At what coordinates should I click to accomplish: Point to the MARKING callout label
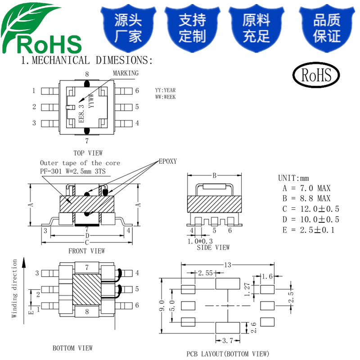tap(126, 73)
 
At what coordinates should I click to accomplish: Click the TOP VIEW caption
tap(88, 153)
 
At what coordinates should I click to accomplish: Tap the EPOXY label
tap(167, 162)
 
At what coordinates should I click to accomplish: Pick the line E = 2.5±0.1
tap(308, 230)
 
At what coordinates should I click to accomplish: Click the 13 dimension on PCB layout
tap(228, 265)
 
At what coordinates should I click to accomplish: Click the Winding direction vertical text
tap(14, 288)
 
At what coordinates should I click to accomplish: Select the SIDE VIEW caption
tap(213, 247)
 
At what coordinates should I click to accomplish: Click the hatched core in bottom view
tap(87, 290)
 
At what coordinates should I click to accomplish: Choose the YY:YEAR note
tap(165, 90)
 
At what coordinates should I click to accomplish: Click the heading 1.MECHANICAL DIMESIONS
tap(87, 60)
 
